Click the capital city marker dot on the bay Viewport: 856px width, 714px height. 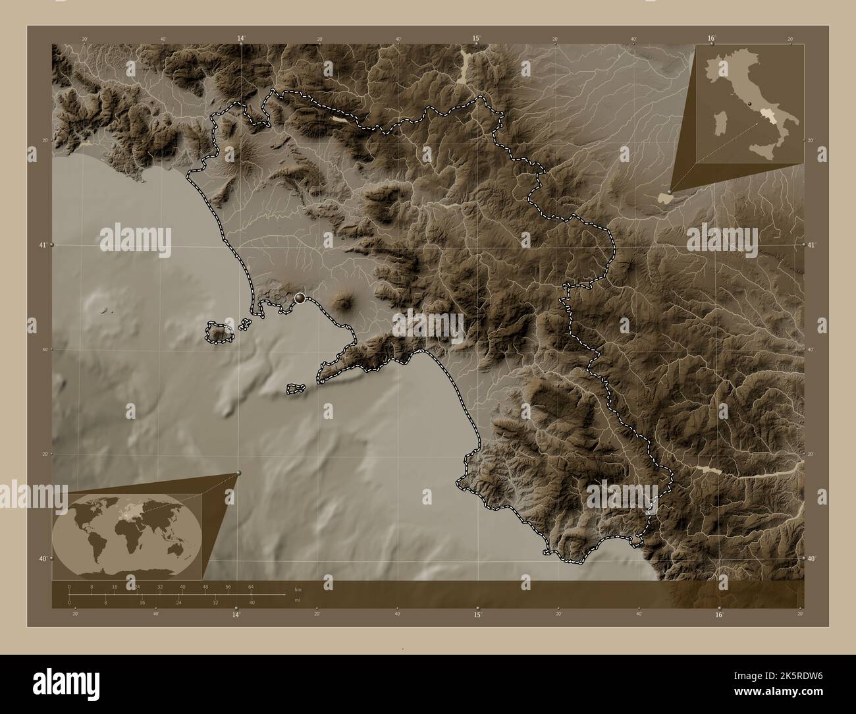point(300,298)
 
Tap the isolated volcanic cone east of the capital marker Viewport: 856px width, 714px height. point(343,303)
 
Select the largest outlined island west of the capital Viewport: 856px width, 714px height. point(219,333)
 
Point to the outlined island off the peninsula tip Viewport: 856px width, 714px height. point(296,389)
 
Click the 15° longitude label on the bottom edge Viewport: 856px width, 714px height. point(477,615)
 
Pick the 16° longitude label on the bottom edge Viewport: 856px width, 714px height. point(719,615)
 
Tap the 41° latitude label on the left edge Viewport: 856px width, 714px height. point(43,245)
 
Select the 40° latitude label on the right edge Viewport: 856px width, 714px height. point(811,559)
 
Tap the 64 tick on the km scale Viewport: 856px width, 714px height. point(251,586)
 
